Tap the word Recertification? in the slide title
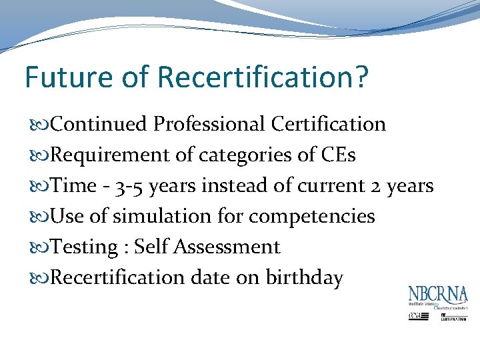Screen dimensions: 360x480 click(263, 77)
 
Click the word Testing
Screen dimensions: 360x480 click(83, 247)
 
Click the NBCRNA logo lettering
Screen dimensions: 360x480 click(438, 295)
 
